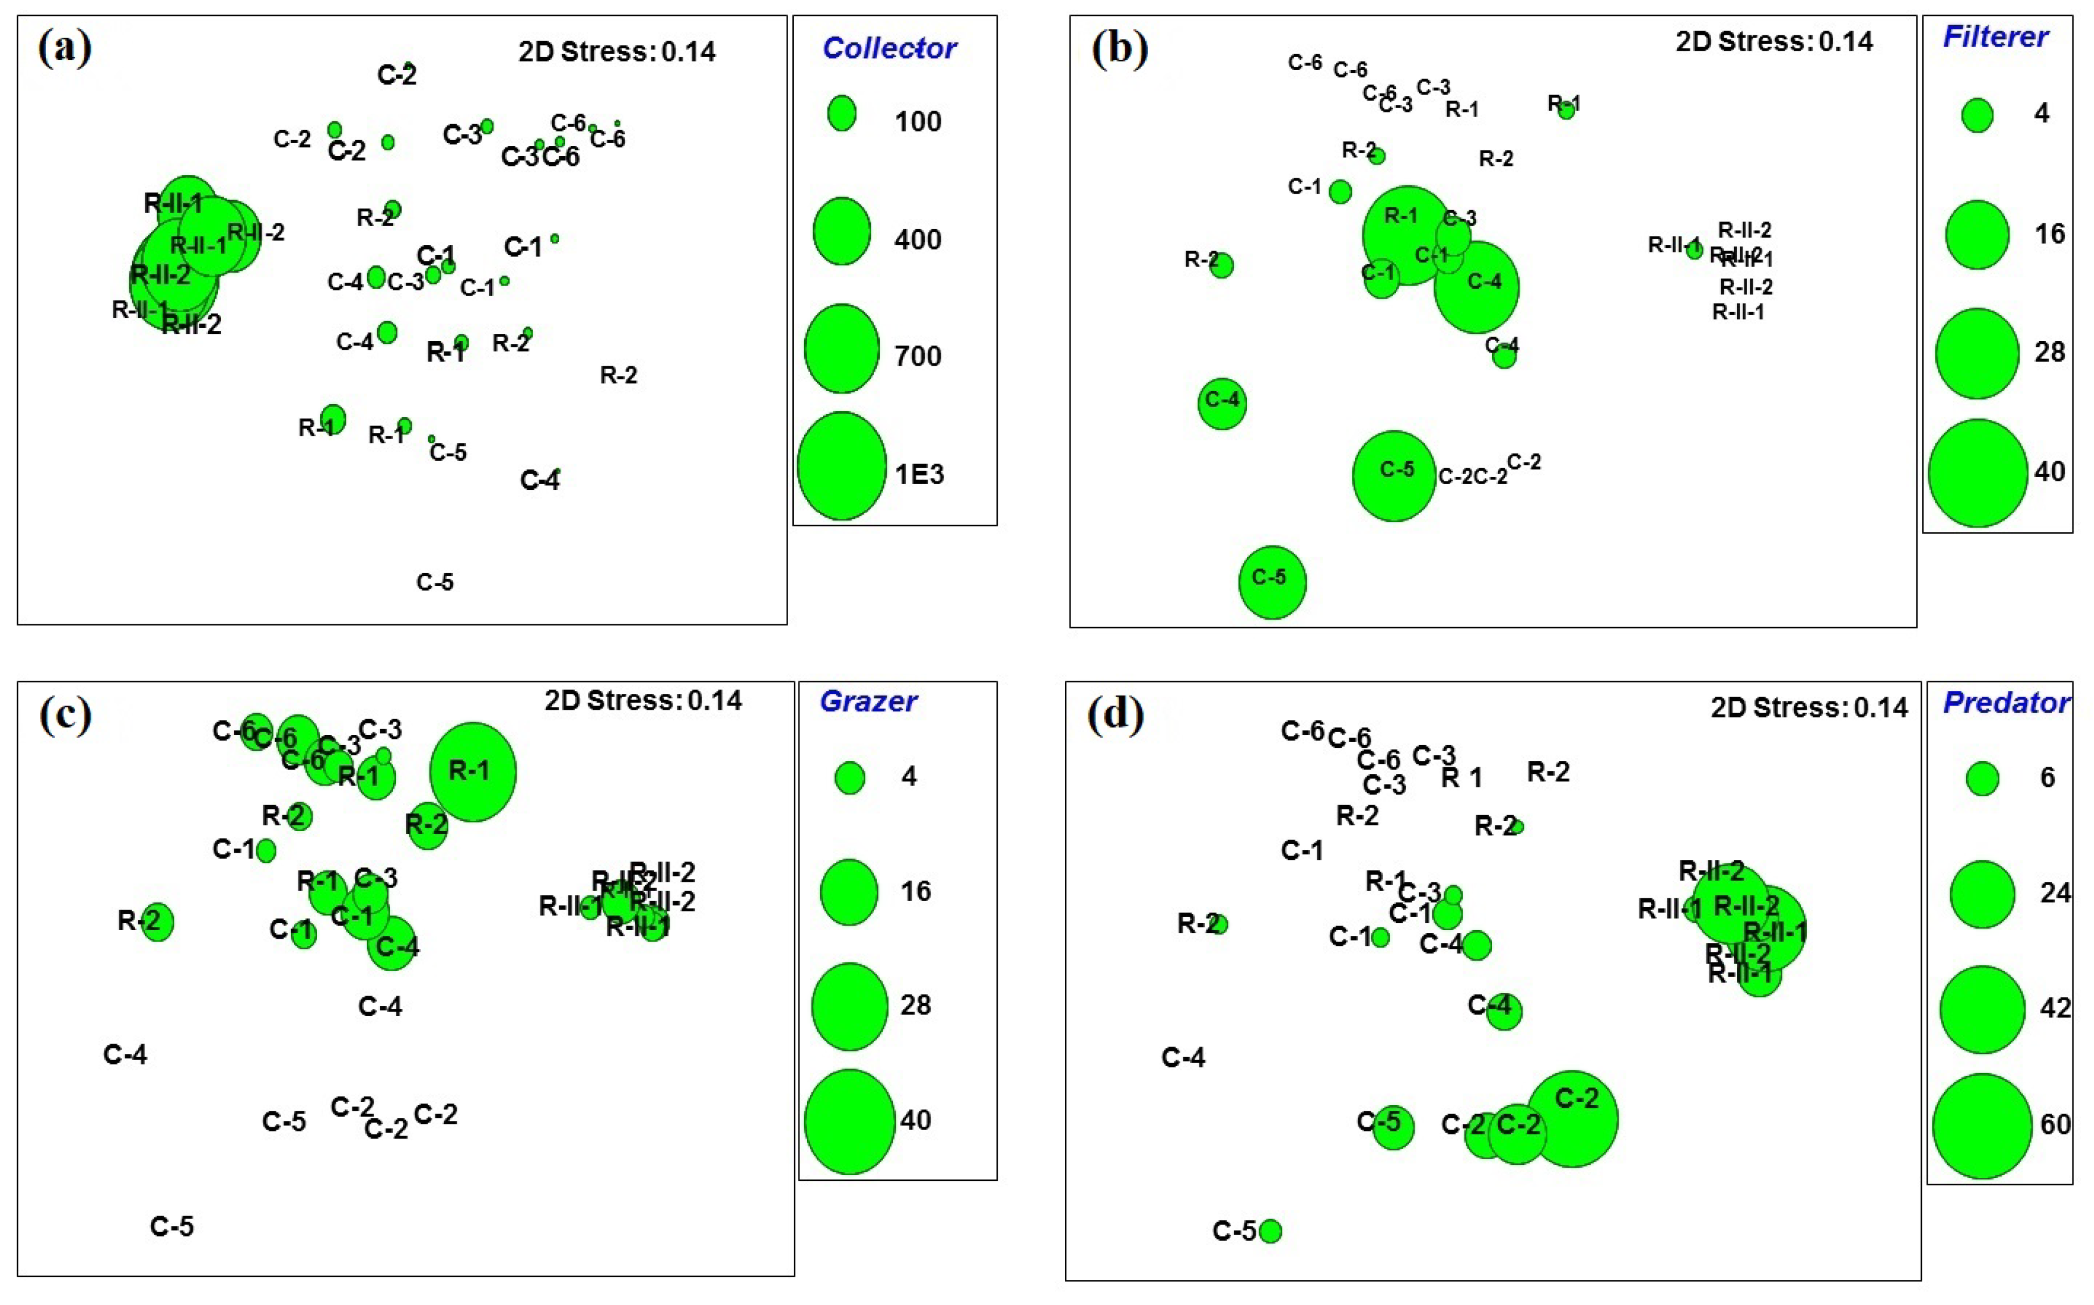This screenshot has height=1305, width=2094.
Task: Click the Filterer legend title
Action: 1995,37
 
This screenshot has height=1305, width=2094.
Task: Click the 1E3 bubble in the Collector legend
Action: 841,466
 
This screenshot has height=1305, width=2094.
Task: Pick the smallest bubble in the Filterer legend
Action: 1977,115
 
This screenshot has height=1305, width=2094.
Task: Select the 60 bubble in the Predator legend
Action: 1982,1126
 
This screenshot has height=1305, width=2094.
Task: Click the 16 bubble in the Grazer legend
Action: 849,891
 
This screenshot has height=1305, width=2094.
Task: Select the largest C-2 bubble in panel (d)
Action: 1572,1119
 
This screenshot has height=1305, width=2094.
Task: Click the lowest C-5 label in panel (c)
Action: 171,1226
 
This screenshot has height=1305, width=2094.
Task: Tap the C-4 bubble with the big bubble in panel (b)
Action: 1476,287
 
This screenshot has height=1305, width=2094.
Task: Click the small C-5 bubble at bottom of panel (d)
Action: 1270,1231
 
